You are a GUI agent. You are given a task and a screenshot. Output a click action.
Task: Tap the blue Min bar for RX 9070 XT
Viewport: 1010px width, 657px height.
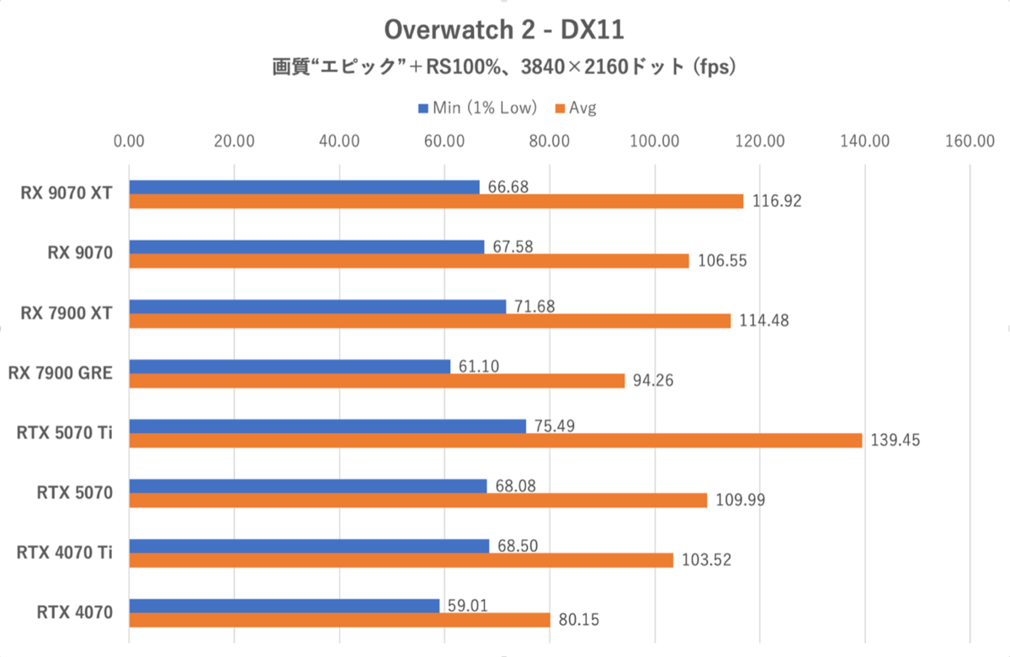304,187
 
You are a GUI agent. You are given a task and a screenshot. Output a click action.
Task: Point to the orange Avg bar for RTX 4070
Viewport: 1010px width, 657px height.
339,620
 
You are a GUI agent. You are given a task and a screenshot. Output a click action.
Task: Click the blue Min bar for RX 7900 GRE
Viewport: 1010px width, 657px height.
290,367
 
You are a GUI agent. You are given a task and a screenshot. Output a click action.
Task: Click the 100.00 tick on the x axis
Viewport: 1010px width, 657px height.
655,141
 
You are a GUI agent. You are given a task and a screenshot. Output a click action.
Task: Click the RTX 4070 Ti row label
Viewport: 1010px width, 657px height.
65,553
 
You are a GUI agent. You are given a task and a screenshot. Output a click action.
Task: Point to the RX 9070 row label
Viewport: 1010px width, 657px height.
79,253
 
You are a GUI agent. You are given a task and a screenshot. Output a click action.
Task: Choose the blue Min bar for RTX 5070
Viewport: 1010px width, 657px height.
307,486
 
